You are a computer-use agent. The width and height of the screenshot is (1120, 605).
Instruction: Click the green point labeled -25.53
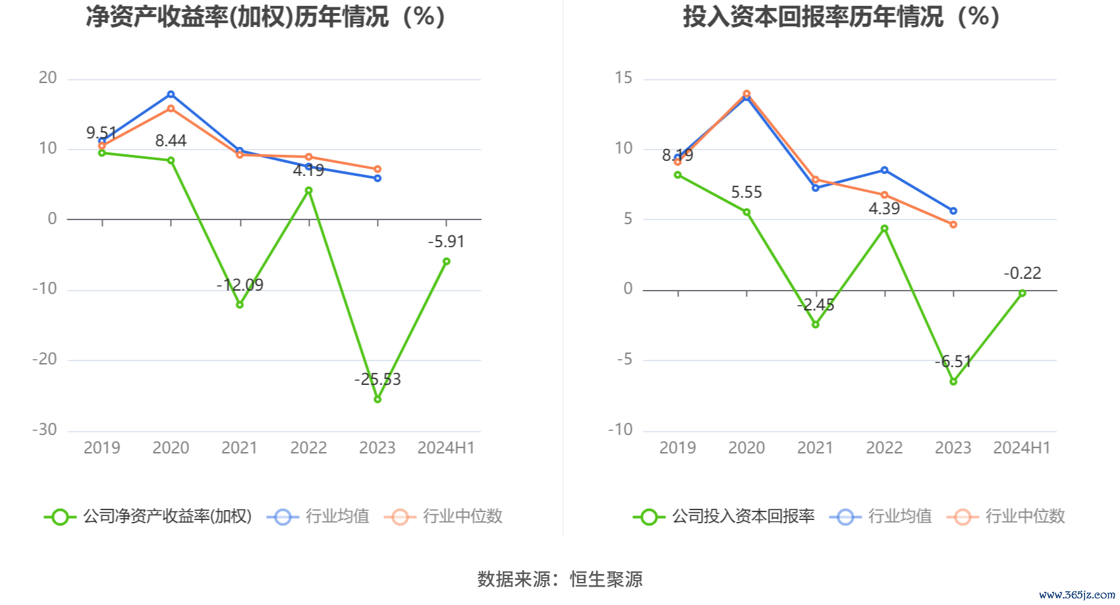point(378,399)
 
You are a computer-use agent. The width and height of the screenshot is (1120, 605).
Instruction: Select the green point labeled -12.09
point(240,304)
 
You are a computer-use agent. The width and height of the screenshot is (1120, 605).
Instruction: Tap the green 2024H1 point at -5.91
point(447,261)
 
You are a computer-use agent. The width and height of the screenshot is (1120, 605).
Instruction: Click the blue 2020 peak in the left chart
point(171,94)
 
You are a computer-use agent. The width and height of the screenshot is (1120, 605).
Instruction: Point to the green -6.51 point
point(953,382)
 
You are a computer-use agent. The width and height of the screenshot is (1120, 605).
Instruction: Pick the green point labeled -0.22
point(1022,293)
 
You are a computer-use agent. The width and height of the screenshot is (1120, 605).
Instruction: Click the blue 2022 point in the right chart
point(885,170)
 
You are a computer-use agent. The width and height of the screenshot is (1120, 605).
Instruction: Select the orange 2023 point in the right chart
point(953,225)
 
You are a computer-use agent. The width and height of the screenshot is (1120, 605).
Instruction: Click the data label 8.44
point(171,140)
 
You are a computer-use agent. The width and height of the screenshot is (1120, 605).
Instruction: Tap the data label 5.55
point(746,192)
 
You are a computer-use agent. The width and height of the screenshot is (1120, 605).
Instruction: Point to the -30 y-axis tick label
point(45,430)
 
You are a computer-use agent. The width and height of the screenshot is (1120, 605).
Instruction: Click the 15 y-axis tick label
point(623,78)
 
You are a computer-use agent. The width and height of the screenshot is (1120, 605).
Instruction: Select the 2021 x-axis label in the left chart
point(240,447)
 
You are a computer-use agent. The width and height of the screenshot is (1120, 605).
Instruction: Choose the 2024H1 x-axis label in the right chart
point(1022,447)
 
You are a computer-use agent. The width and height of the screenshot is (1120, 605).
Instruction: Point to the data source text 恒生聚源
point(606,579)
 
